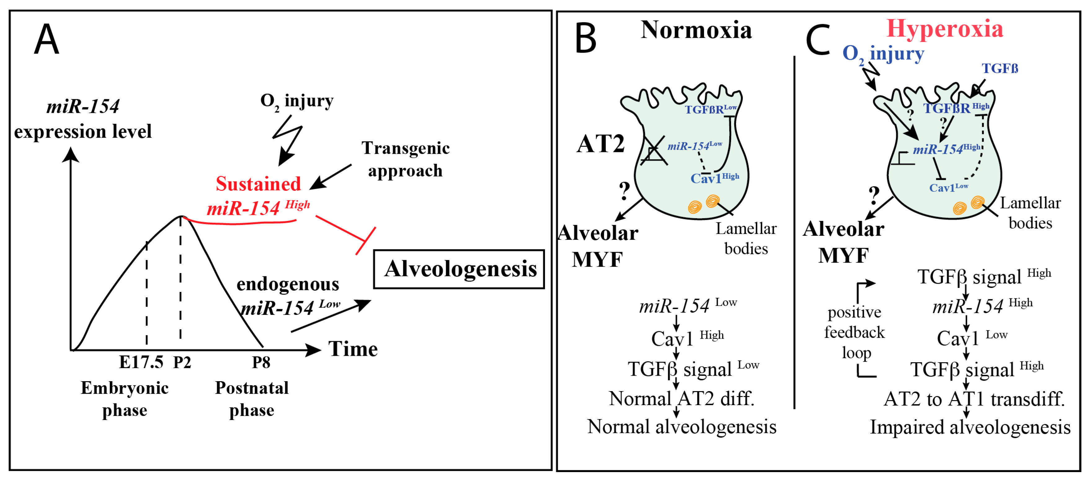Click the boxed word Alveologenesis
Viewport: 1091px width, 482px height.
459,269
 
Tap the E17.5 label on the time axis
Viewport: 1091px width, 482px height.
141,363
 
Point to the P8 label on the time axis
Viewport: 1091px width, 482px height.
261,363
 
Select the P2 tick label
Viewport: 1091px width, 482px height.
182,363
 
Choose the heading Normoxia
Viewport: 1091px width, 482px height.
696,30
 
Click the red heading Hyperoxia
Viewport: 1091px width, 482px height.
944,29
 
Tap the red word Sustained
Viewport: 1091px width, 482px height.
258,184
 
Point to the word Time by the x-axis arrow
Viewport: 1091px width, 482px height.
353,350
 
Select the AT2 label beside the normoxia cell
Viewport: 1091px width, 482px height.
601,144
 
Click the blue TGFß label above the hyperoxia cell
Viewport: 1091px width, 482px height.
1000,69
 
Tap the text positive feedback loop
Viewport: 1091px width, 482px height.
855,332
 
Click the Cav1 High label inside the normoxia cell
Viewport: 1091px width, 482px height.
715,178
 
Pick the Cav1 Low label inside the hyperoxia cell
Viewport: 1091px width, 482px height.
948,188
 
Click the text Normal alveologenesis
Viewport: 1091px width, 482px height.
681,427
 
